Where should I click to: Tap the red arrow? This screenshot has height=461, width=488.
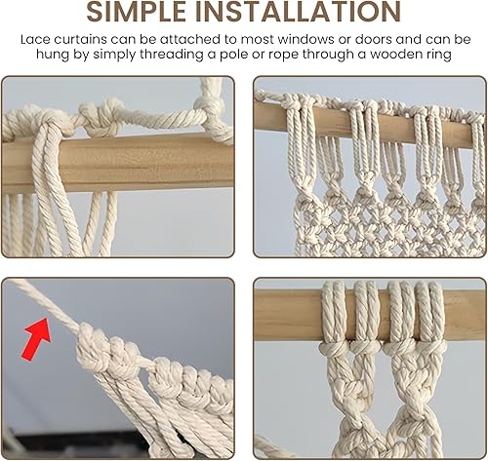pos(36,339)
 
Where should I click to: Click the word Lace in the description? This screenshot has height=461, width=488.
pos(35,39)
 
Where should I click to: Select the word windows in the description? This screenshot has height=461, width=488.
pos(305,39)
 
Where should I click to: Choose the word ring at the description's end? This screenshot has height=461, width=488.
pos(439,55)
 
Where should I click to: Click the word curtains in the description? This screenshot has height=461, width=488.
pos(80,39)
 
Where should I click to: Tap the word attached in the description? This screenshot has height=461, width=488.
pos(189,39)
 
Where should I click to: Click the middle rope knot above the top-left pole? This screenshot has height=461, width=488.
pos(101,119)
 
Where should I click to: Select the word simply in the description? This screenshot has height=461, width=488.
pos(114,55)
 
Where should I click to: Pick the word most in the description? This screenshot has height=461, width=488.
pos(257,40)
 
